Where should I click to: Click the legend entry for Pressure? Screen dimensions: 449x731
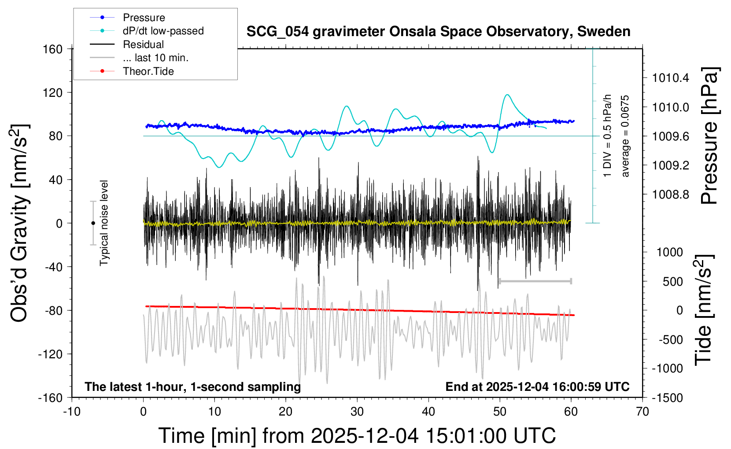144,18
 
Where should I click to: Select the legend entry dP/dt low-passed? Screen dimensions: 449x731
163,31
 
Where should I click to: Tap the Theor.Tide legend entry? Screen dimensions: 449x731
148,71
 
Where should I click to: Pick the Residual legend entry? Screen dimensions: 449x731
143,44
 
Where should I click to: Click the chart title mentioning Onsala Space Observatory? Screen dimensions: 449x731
438,32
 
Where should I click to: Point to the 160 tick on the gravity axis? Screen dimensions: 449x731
53,49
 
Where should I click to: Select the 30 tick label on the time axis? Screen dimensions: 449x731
357,412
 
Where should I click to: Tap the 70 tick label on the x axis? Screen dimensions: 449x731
642,412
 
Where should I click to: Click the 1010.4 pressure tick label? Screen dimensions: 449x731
671,78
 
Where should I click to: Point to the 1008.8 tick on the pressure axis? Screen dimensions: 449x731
671,195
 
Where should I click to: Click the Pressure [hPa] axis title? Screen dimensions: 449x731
709,136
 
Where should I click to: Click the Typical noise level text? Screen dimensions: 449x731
104,223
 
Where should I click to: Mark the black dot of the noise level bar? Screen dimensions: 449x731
93,223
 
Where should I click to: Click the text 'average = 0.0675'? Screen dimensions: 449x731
625,136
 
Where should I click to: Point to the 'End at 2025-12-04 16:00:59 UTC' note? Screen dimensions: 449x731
537,387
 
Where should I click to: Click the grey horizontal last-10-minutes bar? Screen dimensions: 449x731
535,281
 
